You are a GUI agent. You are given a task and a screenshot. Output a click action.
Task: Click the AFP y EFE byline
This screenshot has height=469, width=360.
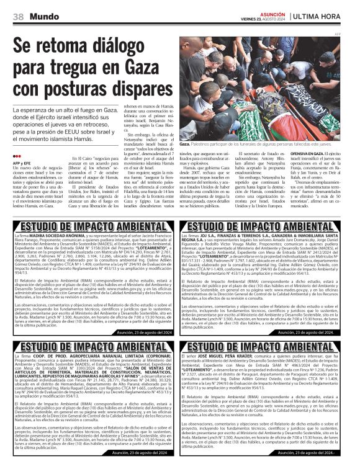[x=21, y=163]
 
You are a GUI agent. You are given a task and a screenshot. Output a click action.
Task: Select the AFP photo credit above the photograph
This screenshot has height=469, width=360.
[x=354, y=33]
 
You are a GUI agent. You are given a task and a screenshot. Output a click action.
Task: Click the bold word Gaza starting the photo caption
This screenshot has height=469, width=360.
[x=185, y=143]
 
